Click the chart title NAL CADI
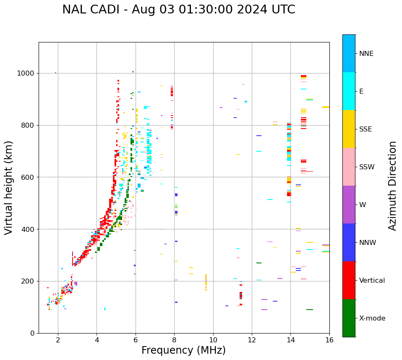[x=178, y=10]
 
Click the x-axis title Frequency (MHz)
[x=183, y=350]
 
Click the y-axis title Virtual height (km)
[x=9, y=187]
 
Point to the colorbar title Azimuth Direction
[x=392, y=186]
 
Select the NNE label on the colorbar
[x=366, y=54]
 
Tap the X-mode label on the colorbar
[x=372, y=318]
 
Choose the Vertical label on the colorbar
[x=372, y=281]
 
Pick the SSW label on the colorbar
[x=367, y=167]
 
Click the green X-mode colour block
[x=349, y=318]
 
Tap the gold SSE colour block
[x=349, y=129]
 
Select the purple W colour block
[x=349, y=205]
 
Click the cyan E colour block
[x=349, y=91]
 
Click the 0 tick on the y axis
[x=32, y=333]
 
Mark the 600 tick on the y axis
[x=29, y=177]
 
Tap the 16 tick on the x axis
[x=329, y=340]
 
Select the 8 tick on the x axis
[x=174, y=340]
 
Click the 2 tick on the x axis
[x=58, y=340]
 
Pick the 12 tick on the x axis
[x=252, y=340]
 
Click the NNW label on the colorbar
[x=368, y=243]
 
